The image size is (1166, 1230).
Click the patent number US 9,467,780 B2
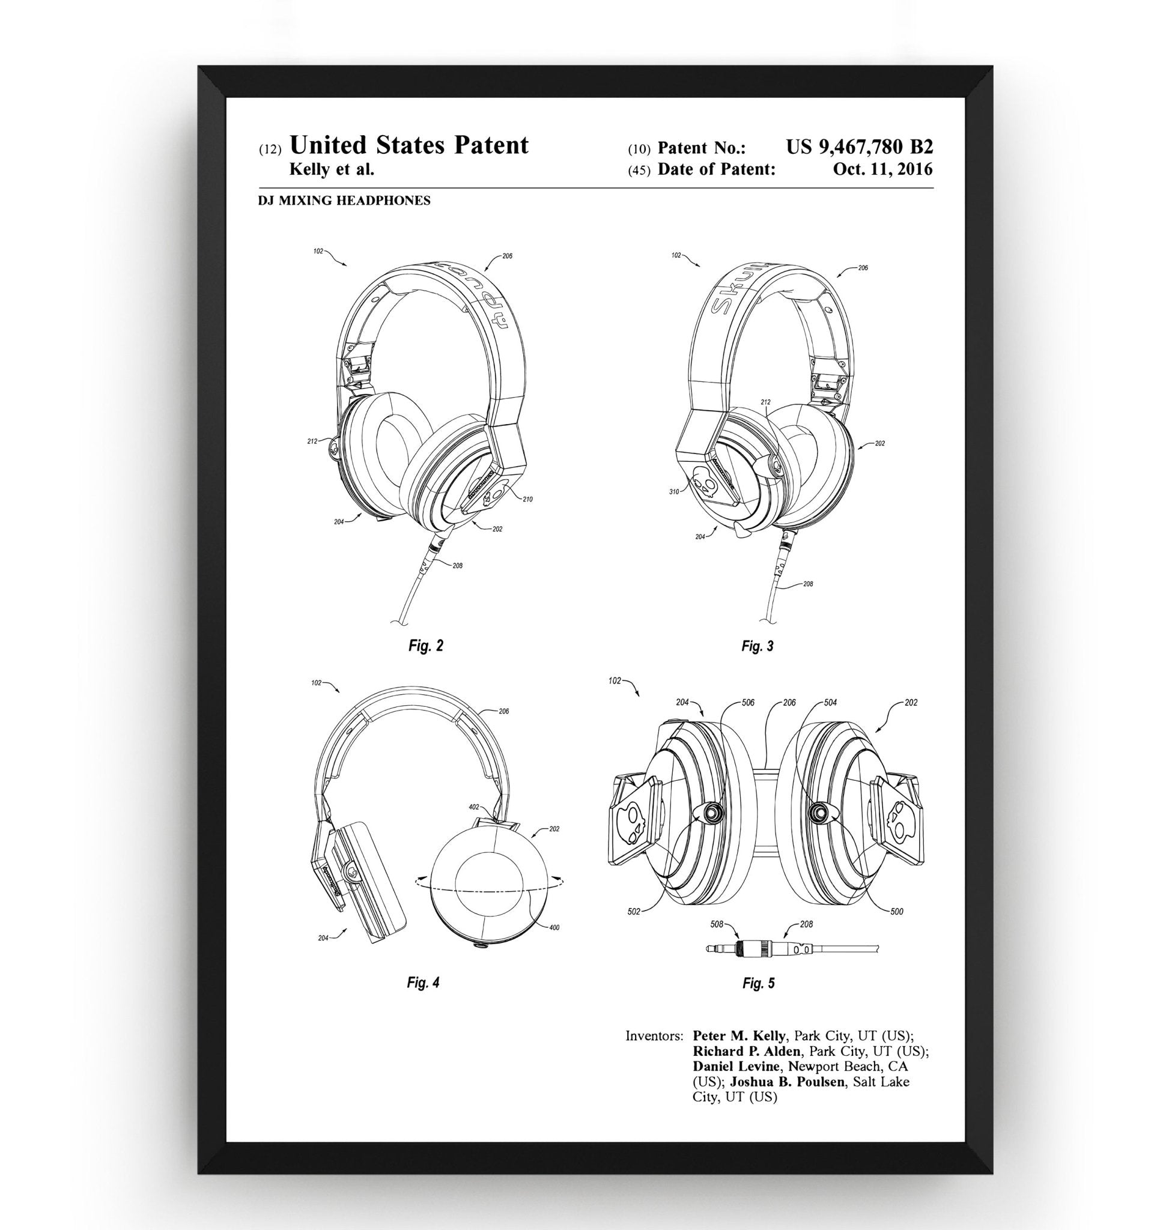tap(859, 147)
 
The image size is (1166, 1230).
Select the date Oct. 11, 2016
tap(882, 169)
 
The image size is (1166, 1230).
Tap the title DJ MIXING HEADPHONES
tap(344, 201)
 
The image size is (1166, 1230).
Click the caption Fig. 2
tap(426, 646)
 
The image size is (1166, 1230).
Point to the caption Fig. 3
tap(757, 646)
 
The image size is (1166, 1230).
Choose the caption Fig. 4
tap(423, 983)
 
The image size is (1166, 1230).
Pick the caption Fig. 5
tap(758, 983)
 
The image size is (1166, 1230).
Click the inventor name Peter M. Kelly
tap(738, 1036)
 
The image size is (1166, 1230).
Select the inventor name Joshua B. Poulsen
tap(787, 1082)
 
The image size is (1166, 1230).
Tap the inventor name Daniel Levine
tap(736, 1067)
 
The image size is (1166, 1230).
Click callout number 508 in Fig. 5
tap(717, 924)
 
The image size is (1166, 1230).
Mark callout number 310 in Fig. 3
tap(674, 492)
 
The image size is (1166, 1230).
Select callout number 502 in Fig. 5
tap(634, 912)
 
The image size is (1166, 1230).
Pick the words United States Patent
tap(409, 145)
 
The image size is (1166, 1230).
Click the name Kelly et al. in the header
tap(332, 169)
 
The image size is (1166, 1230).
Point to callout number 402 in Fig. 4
tap(473, 807)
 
